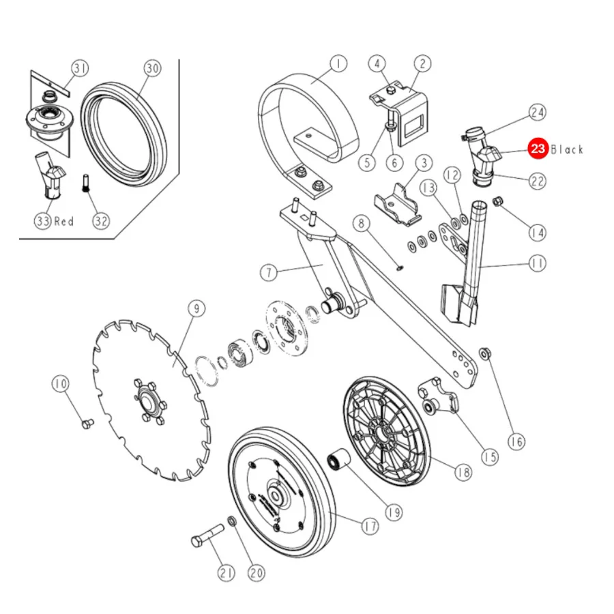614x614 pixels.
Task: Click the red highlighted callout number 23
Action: (x=538, y=149)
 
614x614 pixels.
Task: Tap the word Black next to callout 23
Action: (x=567, y=149)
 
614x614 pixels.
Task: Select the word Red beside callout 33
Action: (x=64, y=221)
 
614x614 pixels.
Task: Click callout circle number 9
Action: (x=196, y=308)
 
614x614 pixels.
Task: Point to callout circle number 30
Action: (x=152, y=68)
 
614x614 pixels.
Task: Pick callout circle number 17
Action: (x=370, y=526)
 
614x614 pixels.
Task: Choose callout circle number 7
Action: (x=269, y=272)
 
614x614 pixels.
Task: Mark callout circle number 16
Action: (x=516, y=441)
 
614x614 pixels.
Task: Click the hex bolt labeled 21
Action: (x=207, y=536)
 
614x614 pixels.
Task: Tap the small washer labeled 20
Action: (x=232, y=522)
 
